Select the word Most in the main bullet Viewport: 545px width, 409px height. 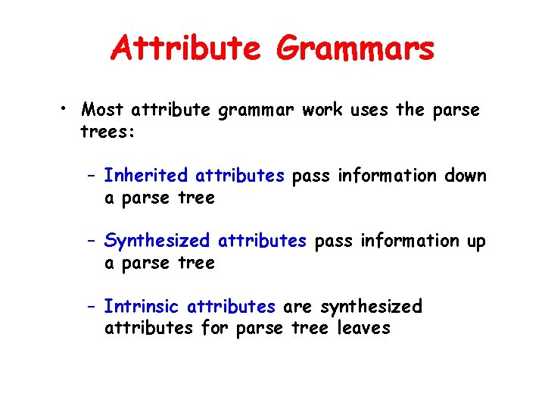tap(103, 110)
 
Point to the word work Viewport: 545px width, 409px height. tap(322, 110)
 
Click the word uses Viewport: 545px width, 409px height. tap(369, 110)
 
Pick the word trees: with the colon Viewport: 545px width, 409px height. tap(107, 132)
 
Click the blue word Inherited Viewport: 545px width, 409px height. tap(145, 176)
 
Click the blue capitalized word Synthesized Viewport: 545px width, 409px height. tap(157, 241)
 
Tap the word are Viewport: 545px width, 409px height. tap(297, 308)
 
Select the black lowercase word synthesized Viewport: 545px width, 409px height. tap(371, 308)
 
